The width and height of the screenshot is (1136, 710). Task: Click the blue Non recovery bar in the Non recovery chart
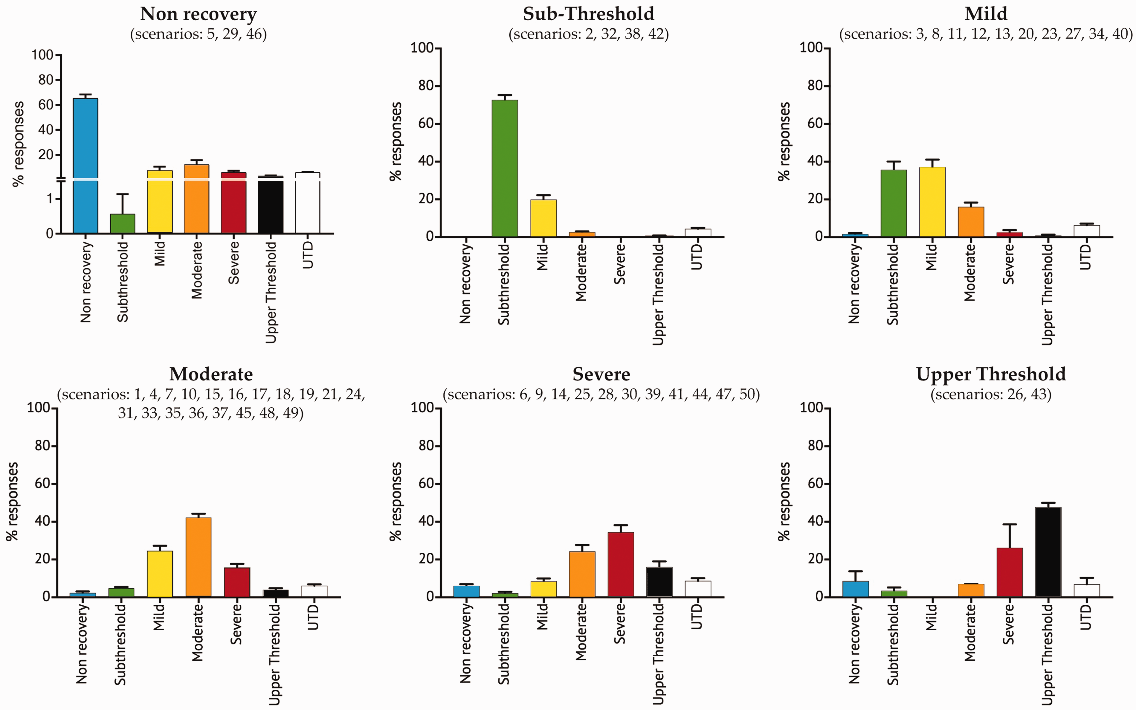pos(85,166)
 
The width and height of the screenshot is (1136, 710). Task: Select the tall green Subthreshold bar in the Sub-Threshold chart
pos(505,168)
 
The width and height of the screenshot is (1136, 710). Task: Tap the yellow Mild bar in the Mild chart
pos(932,202)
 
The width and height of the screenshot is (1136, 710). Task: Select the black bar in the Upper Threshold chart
pos(1048,552)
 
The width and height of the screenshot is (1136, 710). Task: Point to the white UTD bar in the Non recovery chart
pos(308,203)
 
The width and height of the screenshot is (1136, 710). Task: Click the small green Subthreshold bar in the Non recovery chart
pos(123,223)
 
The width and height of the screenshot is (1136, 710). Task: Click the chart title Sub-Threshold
pos(588,14)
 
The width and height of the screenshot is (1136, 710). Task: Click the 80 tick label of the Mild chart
pos(816,86)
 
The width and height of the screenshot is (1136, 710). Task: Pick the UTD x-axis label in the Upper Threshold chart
pos(1086,617)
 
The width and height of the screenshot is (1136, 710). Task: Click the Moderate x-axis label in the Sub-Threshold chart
pos(581,272)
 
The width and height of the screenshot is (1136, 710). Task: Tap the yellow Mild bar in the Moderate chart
pos(160,574)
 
